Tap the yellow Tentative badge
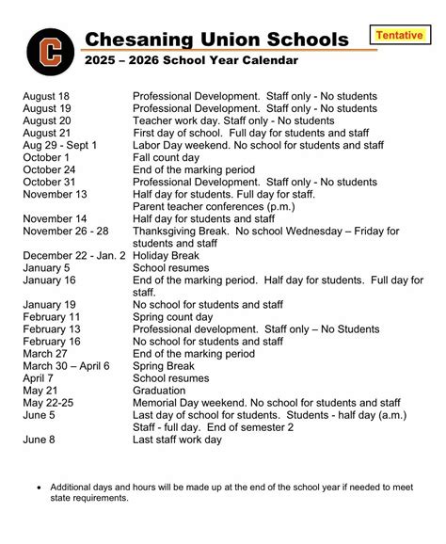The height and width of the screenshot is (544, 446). pyautogui.click(x=398, y=36)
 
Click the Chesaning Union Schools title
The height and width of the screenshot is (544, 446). pyautogui.click(x=216, y=39)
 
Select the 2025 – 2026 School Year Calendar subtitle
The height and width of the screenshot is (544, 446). pyautogui.click(x=191, y=60)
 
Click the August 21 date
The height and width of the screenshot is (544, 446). pyautogui.click(x=46, y=134)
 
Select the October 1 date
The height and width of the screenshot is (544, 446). pyautogui.click(x=46, y=157)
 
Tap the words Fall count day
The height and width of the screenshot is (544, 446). pyautogui.click(x=167, y=157)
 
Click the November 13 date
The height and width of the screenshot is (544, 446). pyautogui.click(x=55, y=194)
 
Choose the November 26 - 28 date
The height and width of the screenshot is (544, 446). pyautogui.click(x=65, y=231)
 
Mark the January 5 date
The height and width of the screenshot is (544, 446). pyautogui.click(x=46, y=267)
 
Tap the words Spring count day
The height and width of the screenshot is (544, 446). pyautogui.click(x=173, y=317)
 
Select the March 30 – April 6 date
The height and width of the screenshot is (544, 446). pyautogui.click(x=66, y=366)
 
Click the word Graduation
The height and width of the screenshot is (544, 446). pyautogui.click(x=163, y=391)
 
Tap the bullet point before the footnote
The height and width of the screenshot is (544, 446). pyautogui.click(x=38, y=488)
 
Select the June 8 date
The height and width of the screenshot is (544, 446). pyautogui.click(x=39, y=439)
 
